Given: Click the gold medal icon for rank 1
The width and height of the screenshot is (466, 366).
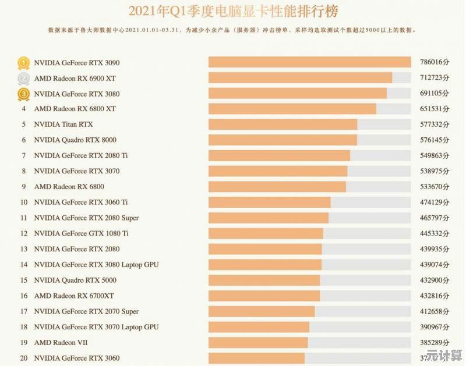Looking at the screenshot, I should point(23,62).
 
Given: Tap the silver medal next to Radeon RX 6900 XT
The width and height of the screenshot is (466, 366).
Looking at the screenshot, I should point(23,78).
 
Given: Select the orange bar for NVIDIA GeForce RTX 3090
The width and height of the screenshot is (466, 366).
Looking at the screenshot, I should point(309,62).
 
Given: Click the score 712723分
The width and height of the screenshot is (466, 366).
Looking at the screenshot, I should point(435,78).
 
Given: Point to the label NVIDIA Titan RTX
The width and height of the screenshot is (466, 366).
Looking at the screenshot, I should point(63,125).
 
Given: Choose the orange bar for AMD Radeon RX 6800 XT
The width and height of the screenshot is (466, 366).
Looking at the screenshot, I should point(292,109).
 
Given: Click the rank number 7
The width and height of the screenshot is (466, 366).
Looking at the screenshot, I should point(24,155).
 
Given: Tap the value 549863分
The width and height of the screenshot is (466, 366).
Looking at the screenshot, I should point(435,155).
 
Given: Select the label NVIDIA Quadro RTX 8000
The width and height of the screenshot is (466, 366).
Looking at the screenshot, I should point(75,140).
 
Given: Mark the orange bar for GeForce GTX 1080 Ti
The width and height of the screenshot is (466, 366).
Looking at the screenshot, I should point(266,233).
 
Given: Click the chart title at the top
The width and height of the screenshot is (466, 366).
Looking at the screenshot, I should point(233,11).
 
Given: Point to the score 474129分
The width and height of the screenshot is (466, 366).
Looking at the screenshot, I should point(435,202).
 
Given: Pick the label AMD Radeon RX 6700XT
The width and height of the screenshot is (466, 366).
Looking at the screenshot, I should point(74,296).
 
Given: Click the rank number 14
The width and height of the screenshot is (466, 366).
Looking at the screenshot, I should point(24,264).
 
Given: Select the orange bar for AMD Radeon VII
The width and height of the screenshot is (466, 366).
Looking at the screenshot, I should point(258,342).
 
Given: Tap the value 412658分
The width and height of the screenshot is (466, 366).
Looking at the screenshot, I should point(435,311).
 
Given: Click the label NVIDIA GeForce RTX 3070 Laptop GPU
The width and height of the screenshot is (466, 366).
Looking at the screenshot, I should point(96,327).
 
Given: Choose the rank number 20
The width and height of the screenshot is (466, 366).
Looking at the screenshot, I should point(24,358).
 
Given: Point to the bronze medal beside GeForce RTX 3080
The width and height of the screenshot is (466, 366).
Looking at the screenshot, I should point(23,94).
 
